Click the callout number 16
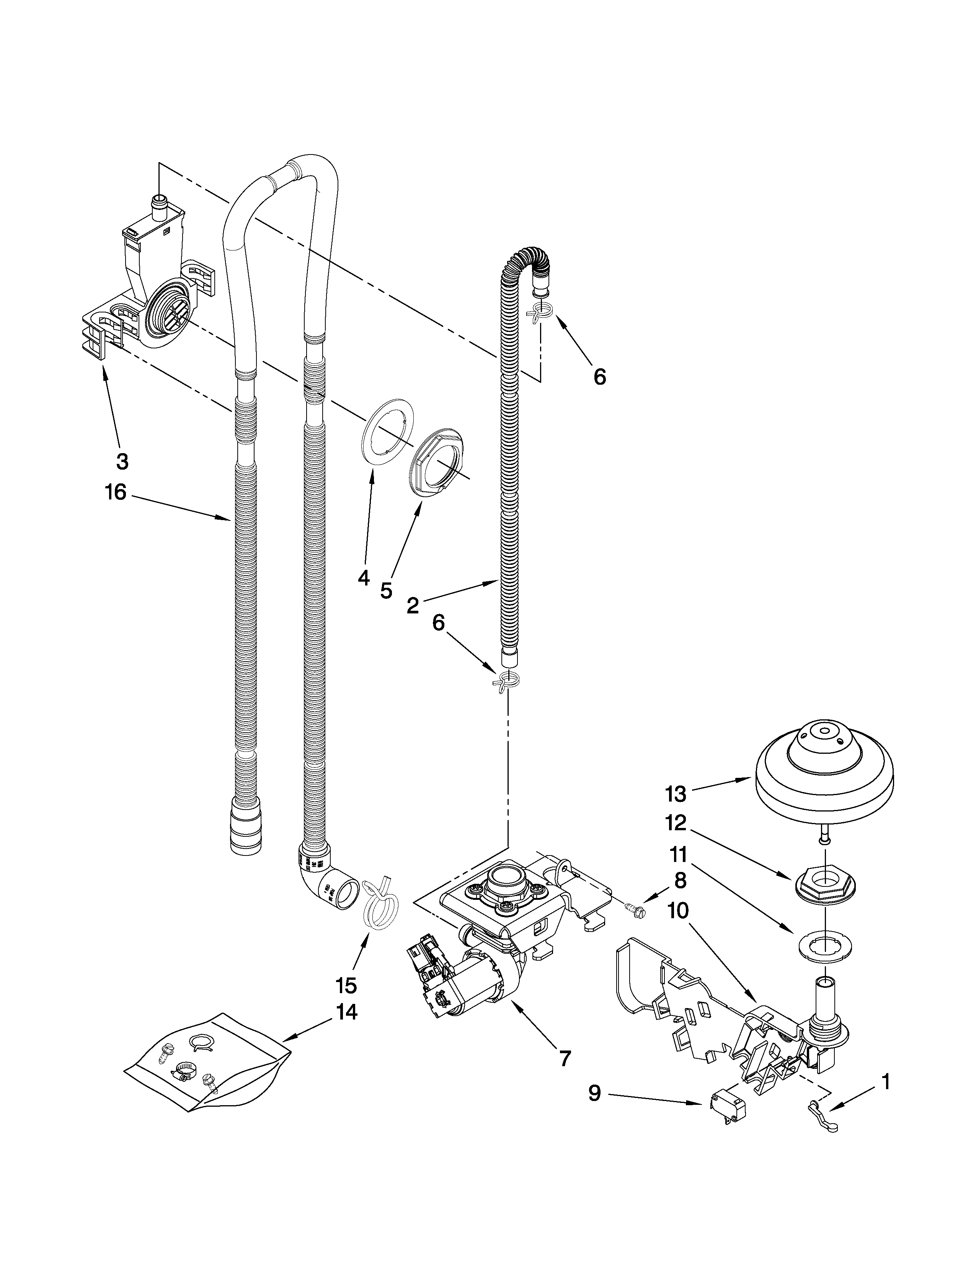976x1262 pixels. click(116, 493)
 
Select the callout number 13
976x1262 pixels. click(675, 795)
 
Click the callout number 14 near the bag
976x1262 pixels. click(346, 1012)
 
